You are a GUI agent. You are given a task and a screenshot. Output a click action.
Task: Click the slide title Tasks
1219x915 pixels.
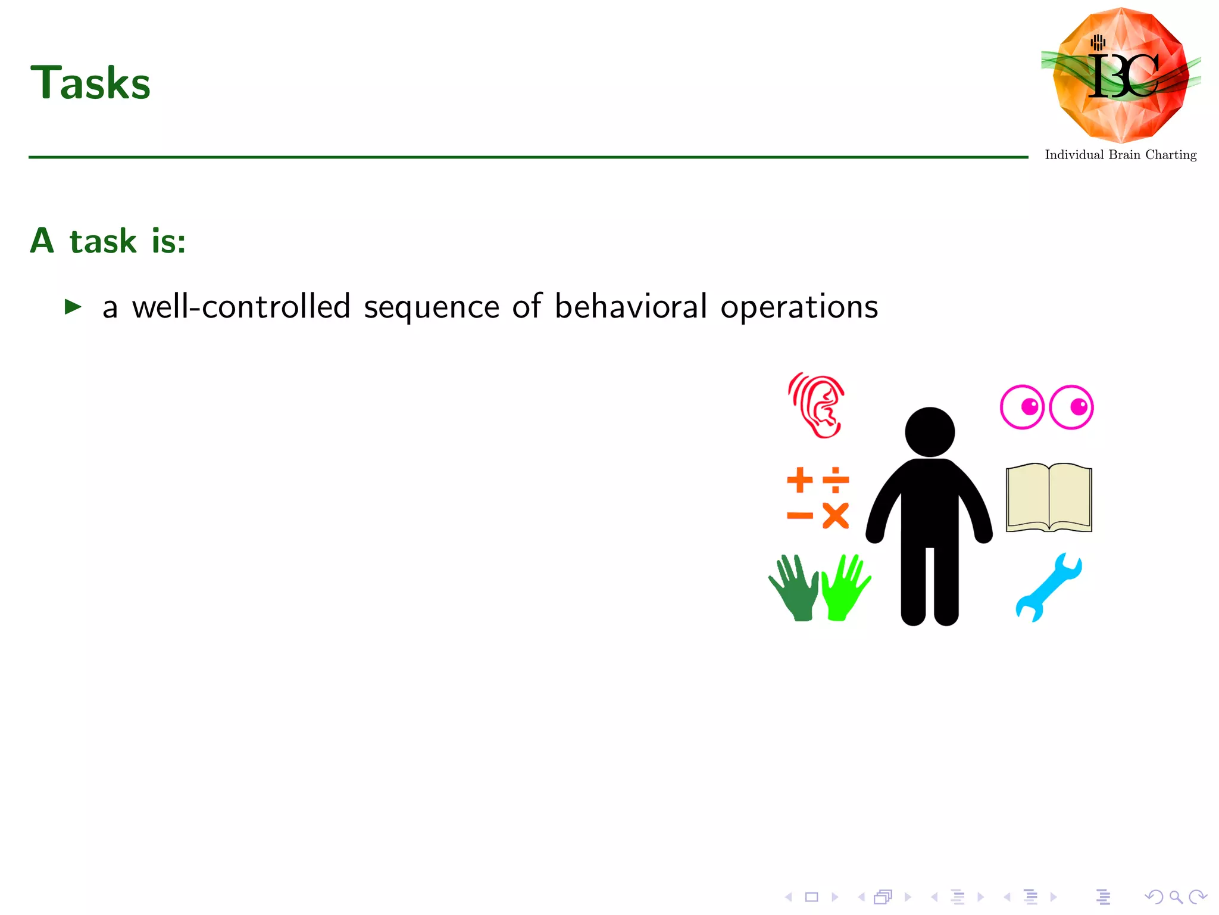point(90,83)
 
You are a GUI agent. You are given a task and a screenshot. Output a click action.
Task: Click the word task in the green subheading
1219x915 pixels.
point(103,241)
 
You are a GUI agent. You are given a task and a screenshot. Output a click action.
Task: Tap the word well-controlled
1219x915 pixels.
point(241,307)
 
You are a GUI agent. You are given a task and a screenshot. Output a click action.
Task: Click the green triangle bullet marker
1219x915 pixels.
point(73,307)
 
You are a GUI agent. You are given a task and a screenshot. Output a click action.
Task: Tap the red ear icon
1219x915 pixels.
point(817,406)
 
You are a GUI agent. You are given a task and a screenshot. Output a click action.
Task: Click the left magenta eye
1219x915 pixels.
point(1022,407)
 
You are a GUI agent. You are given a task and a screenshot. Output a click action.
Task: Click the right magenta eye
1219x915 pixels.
point(1071,407)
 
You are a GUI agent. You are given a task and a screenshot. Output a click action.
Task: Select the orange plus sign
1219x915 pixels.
point(799,480)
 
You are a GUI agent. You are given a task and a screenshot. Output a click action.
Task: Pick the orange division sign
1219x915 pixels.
point(836,480)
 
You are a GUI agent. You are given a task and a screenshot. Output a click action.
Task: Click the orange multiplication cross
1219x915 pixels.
point(836,516)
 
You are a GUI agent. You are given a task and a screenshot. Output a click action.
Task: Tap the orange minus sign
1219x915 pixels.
point(799,516)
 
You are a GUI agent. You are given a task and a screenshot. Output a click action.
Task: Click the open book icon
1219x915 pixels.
point(1049,497)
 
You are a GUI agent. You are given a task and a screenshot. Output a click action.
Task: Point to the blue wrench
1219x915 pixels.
point(1048,587)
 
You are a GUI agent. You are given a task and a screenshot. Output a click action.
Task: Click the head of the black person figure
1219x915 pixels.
point(930,432)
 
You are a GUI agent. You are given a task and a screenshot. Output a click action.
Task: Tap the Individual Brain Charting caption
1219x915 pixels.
point(1120,155)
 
